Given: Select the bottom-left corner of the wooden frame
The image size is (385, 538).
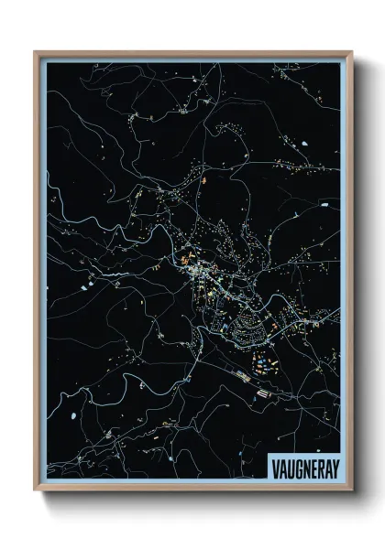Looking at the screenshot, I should (x=36, y=490).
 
